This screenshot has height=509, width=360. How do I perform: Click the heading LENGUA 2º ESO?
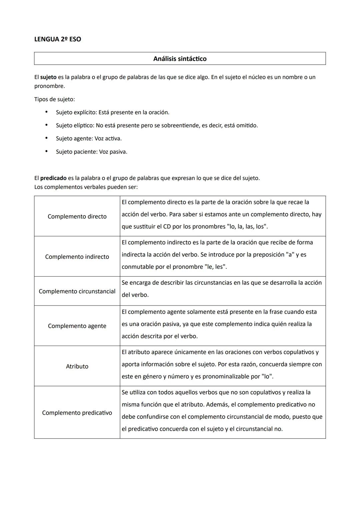tap(58, 39)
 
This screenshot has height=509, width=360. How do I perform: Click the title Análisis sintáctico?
tap(180, 59)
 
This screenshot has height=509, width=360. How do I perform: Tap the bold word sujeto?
tap(48, 77)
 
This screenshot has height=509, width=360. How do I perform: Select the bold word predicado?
tap(53, 178)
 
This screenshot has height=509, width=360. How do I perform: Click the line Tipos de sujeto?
tap(55, 99)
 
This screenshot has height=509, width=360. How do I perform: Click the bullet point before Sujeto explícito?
tap(47, 112)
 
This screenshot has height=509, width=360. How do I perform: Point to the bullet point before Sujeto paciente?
tap(47, 151)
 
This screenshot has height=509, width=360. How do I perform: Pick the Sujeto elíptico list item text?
tap(157, 125)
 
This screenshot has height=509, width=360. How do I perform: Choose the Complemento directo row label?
tap(77, 216)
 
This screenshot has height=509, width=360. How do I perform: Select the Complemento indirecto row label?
tap(77, 257)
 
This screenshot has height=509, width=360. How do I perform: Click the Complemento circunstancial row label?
tap(77, 291)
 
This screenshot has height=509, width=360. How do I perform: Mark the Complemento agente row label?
tap(77, 326)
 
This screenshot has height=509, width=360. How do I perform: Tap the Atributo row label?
tap(77, 366)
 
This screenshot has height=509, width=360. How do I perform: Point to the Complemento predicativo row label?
tap(77, 413)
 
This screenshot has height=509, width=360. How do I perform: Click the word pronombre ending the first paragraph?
tap(49, 86)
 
